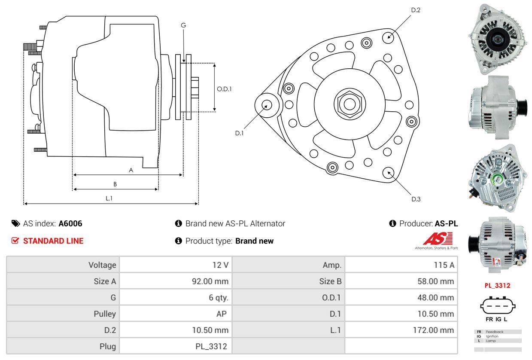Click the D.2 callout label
(415, 10)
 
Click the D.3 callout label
(416, 199)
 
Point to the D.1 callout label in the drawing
(239, 133)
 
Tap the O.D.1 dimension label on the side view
(224, 89)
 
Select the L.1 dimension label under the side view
(109, 198)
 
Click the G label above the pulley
(183, 25)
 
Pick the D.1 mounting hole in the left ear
(266, 104)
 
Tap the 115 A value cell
(444, 265)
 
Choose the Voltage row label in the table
(102, 265)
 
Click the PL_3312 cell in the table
(212, 346)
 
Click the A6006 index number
(70, 223)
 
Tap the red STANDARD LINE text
(53, 241)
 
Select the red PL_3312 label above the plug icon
(497, 285)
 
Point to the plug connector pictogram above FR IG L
(497, 306)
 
